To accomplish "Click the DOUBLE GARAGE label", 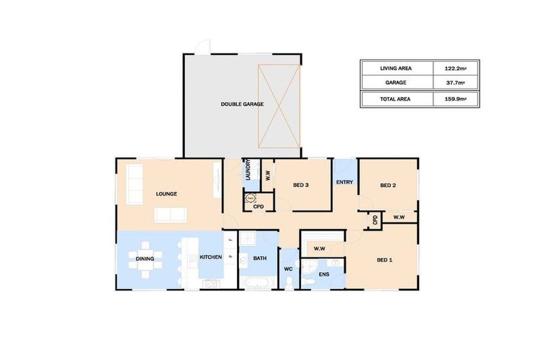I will (242, 104).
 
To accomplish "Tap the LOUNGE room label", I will (167, 194).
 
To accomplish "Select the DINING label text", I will (146, 258).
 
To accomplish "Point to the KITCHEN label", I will (211, 257).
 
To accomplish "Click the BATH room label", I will (259, 259).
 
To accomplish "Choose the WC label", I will (288, 269).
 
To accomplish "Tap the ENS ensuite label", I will (324, 274).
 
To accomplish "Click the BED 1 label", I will (385, 260).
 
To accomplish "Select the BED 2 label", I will (388, 186).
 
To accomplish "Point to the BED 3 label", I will (301, 185).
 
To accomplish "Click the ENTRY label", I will (345, 183).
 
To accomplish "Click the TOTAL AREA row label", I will (395, 99).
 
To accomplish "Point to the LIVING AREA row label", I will (395, 68).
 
